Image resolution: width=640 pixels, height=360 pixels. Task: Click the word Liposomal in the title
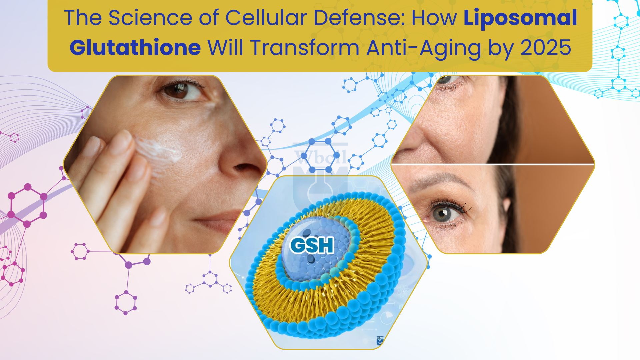(520, 18)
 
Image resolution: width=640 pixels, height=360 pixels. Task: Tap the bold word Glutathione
(135, 48)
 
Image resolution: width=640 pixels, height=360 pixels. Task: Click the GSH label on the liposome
(312, 246)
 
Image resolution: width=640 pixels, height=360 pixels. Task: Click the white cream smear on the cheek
(160, 150)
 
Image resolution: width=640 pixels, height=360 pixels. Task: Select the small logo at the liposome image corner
(380, 340)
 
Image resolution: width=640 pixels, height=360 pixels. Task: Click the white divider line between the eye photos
(493, 164)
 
